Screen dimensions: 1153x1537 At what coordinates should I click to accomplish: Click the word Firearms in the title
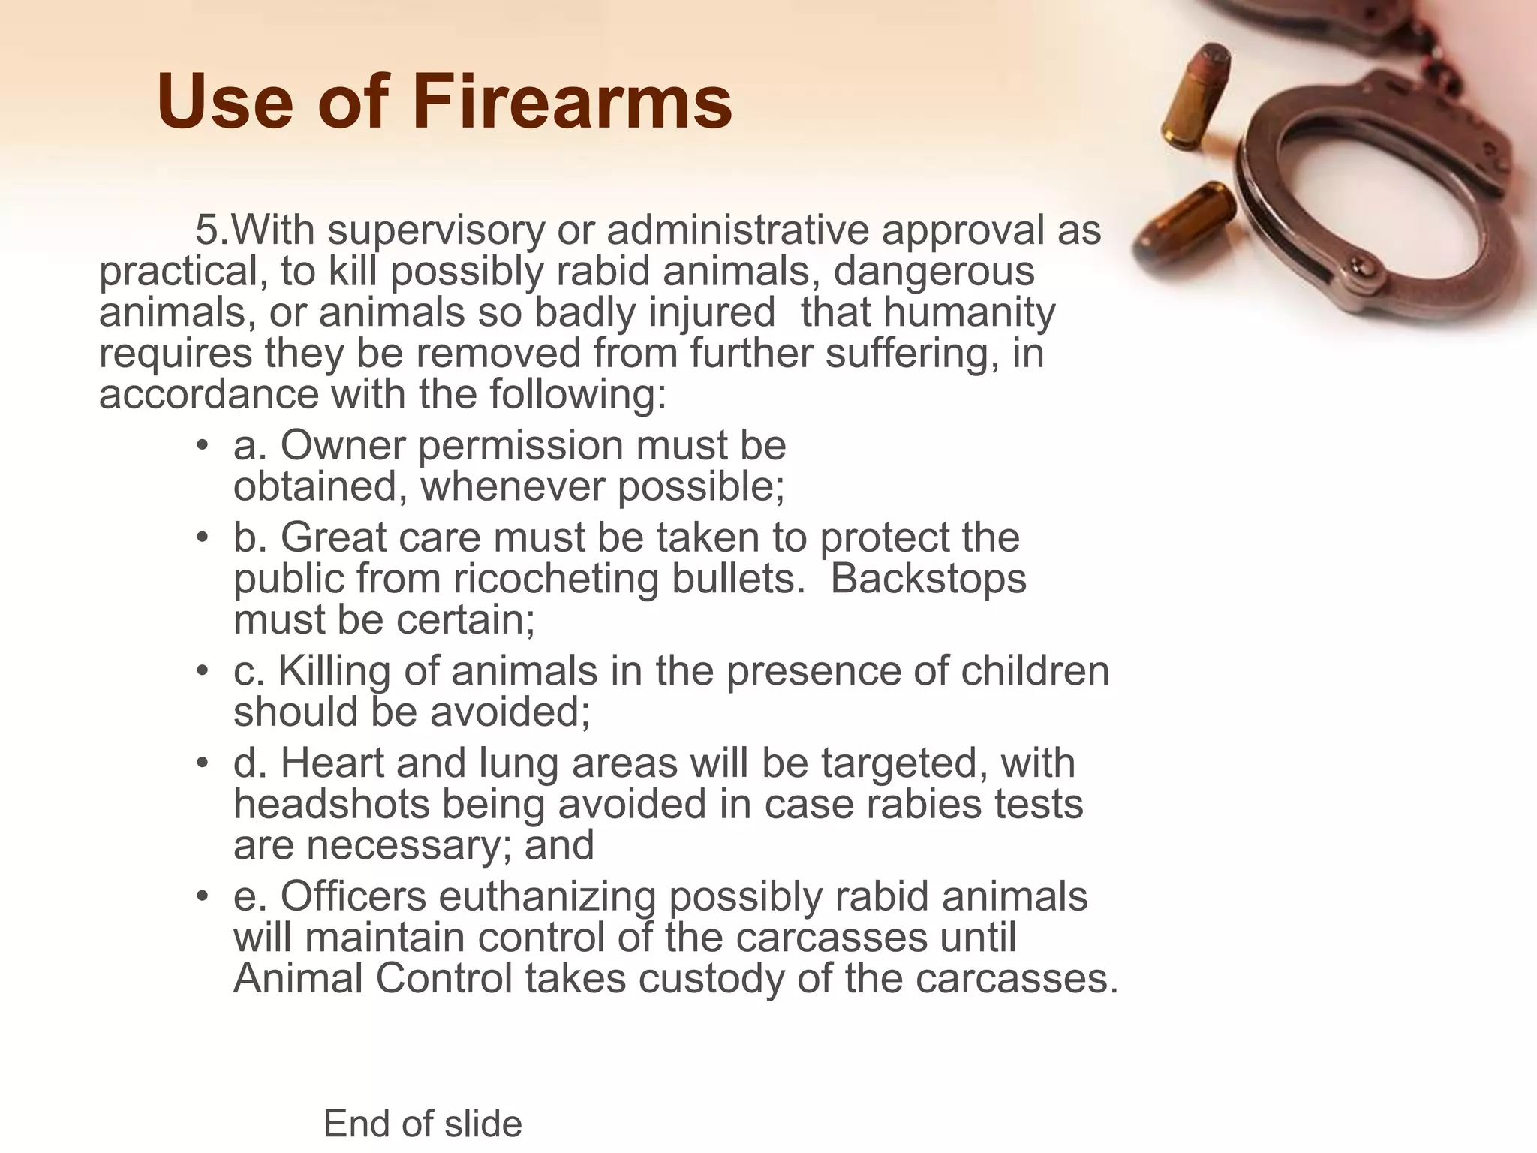(x=572, y=102)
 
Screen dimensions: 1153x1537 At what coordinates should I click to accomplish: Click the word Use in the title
(x=225, y=102)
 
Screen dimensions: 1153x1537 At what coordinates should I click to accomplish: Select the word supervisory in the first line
(x=435, y=230)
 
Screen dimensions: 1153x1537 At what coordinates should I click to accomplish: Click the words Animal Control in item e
(x=373, y=978)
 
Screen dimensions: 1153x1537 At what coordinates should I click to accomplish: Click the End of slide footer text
(x=423, y=1124)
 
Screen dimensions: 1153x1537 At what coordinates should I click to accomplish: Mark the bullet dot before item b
(x=202, y=539)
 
